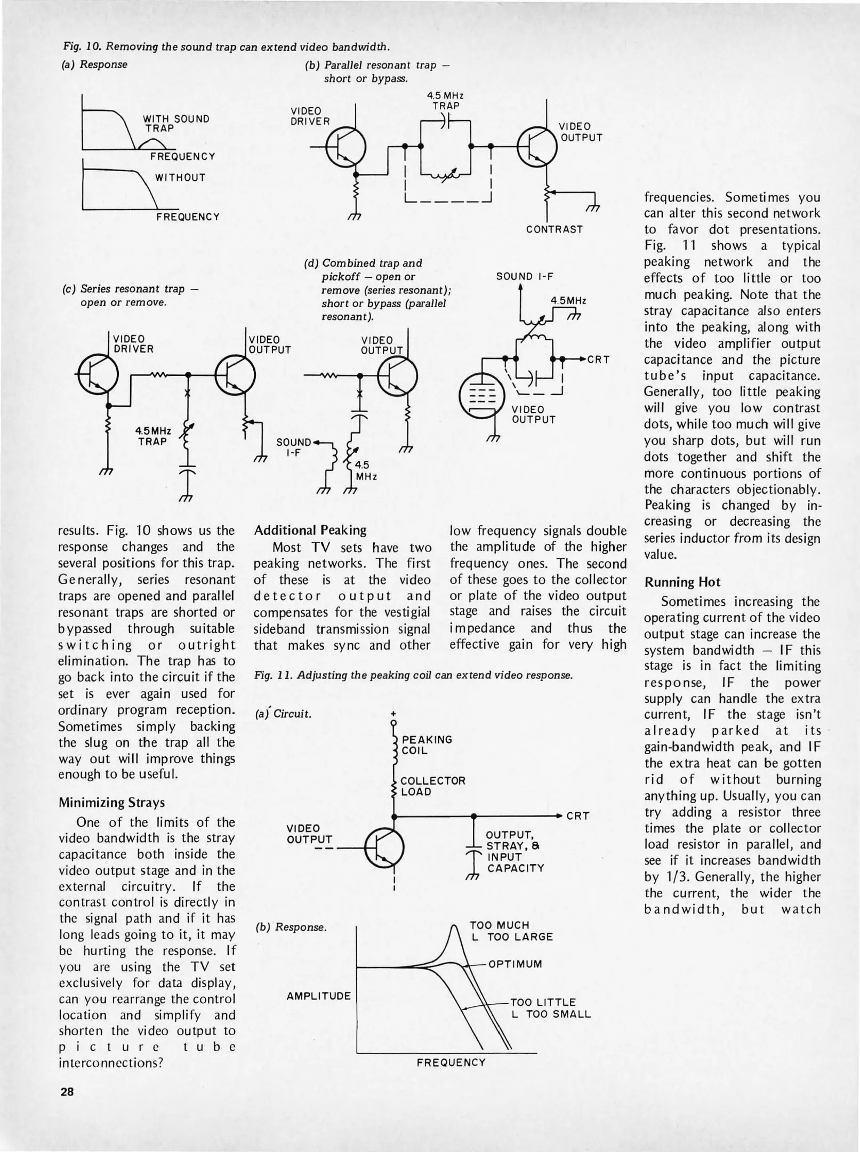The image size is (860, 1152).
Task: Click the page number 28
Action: click(x=67, y=1091)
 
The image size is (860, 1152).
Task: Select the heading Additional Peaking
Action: click(x=310, y=530)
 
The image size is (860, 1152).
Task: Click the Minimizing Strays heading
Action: click(x=111, y=802)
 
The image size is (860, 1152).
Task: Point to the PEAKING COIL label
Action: click(x=427, y=745)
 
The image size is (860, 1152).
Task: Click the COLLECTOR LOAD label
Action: click(x=432, y=786)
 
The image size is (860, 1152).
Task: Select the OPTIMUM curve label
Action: click(x=515, y=964)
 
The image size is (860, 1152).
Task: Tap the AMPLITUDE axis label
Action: click(x=319, y=996)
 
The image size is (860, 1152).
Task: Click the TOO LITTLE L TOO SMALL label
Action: click(x=550, y=1008)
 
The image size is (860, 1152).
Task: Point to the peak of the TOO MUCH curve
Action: click(x=454, y=929)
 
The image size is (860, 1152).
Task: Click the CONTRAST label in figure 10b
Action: click(x=554, y=229)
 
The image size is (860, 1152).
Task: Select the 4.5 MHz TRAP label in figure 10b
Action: click(x=446, y=101)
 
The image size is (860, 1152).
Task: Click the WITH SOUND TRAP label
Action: click(x=176, y=123)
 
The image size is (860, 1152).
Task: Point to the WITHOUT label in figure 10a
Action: click(x=180, y=178)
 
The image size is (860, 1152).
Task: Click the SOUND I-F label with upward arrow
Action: click(x=525, y=276)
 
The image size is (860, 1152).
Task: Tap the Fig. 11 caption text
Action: click(x=413, y=675)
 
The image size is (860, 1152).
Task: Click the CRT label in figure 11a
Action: click(x=577, y=816)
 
